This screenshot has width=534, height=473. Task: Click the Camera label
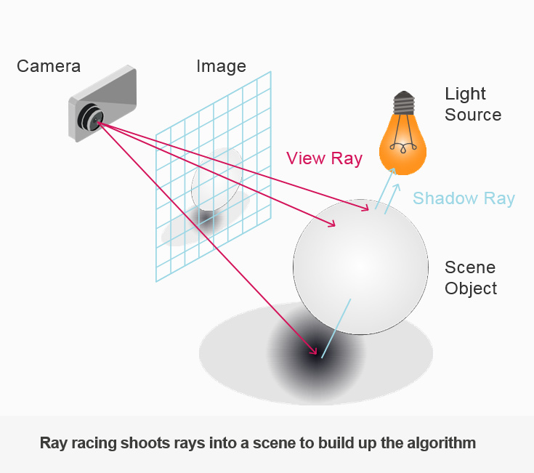tap(49, 66)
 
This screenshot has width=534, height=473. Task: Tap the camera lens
tap(93, 117)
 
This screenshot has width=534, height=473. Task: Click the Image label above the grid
tap(221, 66)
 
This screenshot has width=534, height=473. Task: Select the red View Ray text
tap(324, 158)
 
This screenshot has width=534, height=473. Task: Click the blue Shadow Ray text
tap(464, 198)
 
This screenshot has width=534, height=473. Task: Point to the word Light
tap(465, 94)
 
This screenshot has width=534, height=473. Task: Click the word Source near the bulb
tap(473, 115)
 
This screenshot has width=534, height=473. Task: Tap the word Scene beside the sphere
tap(470, 267)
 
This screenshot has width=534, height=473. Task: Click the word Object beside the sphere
tap(471, 288)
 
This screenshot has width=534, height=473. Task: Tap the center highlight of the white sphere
tap(360, 262)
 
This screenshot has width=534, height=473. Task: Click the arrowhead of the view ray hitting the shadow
tap(316, 353)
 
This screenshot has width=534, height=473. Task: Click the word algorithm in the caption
tap(440, 442)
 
